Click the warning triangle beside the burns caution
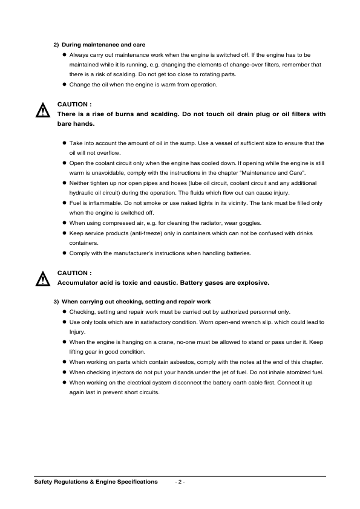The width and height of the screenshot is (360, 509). coord(42,111)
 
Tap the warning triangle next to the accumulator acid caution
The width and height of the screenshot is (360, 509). coord(42,279)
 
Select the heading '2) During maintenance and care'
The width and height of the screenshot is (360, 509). coord(100,45)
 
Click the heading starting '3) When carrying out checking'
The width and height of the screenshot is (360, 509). coord(132,301)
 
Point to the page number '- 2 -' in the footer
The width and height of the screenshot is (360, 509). coord(180,482)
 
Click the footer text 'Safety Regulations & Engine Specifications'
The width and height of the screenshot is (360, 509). coord(96,482)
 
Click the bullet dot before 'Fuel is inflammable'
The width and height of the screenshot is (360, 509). coord(64,203)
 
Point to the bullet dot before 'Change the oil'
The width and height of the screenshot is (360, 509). coord(64,84)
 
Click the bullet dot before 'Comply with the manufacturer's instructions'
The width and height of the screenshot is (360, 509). coord(64,253)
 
